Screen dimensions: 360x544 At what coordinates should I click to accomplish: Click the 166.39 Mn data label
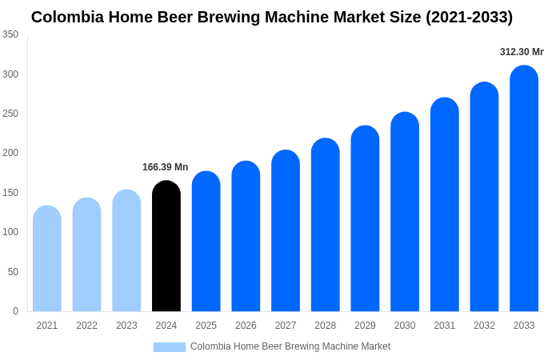click(165, 167)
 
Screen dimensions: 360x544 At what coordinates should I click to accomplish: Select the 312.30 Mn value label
click(521, 52)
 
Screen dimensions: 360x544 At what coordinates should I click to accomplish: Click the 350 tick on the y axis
click(10, 34)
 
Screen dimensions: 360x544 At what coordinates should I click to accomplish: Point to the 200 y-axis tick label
click(10, 153)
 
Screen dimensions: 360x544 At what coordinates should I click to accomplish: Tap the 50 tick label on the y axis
click(13, 272)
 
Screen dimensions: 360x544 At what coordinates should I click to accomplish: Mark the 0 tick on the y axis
click(15, 311)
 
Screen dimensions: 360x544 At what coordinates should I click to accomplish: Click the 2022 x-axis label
click(86, 326)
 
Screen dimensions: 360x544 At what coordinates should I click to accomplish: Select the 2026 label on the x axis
click(246, 326)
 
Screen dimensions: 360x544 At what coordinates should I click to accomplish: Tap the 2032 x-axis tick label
click(484, 326)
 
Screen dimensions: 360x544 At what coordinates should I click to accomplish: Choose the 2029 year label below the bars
click(365, 326)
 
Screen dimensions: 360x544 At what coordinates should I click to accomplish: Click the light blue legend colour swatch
click(170, 347)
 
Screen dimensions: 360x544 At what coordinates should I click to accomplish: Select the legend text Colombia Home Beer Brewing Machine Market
click(290, 346)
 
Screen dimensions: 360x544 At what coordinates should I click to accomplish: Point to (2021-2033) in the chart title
click(458, 17)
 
